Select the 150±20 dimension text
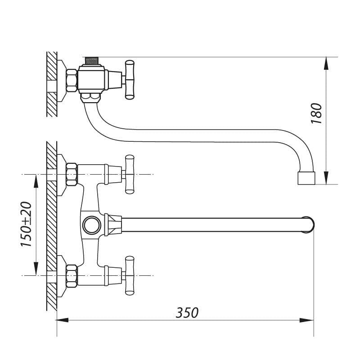point(26,224)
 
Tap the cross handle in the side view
point(130,79)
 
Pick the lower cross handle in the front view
point(130,275)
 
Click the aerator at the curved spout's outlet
point(307,178)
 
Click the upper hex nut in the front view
point(72,174)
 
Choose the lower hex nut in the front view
point(72,275)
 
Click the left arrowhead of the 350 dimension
point(62,320)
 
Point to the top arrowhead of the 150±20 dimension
point(36,180)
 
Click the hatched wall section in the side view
point(52,83)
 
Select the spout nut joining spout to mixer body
point(113,224)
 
